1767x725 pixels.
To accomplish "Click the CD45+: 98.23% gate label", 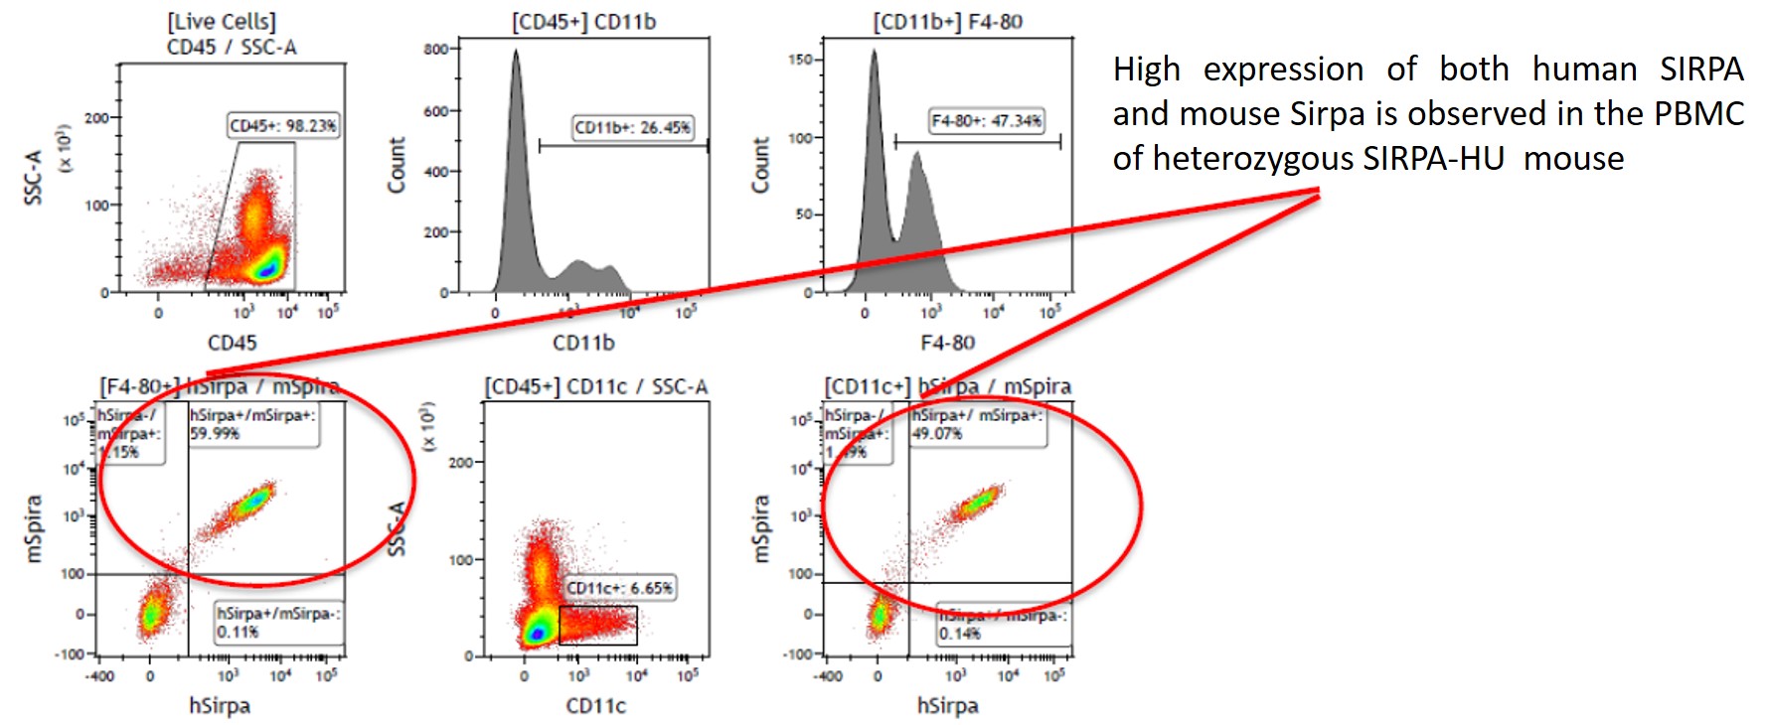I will (x=283, y=126).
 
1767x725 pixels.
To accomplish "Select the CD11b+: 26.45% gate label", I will (x=632, y=127).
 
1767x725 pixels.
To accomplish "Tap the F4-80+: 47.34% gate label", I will (x=986, y=121).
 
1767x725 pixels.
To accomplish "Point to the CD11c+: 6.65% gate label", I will (x=619, y=588).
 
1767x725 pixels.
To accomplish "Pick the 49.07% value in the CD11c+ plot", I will (x=937, y=434).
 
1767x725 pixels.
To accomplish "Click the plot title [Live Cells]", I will (x=222, y=22).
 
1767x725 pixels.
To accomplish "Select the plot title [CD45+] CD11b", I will (x=583, y=22).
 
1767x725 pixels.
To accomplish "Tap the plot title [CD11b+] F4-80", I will (x=947, y=22).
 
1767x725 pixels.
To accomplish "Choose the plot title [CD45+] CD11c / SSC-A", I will (x=596, y=386).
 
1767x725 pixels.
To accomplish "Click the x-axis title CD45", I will (x=232, y=343).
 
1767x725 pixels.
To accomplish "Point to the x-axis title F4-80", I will (x=947, y=343).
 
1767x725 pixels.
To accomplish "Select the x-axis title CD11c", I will (x=596, y=706).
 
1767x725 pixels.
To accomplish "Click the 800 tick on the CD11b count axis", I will (x=436, y=49).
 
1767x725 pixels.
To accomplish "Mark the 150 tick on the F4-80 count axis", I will (x=800, y=60).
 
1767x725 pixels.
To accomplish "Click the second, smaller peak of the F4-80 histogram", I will (x=916, y=154).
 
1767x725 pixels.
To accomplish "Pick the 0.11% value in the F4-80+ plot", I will (x=238, y=632).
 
